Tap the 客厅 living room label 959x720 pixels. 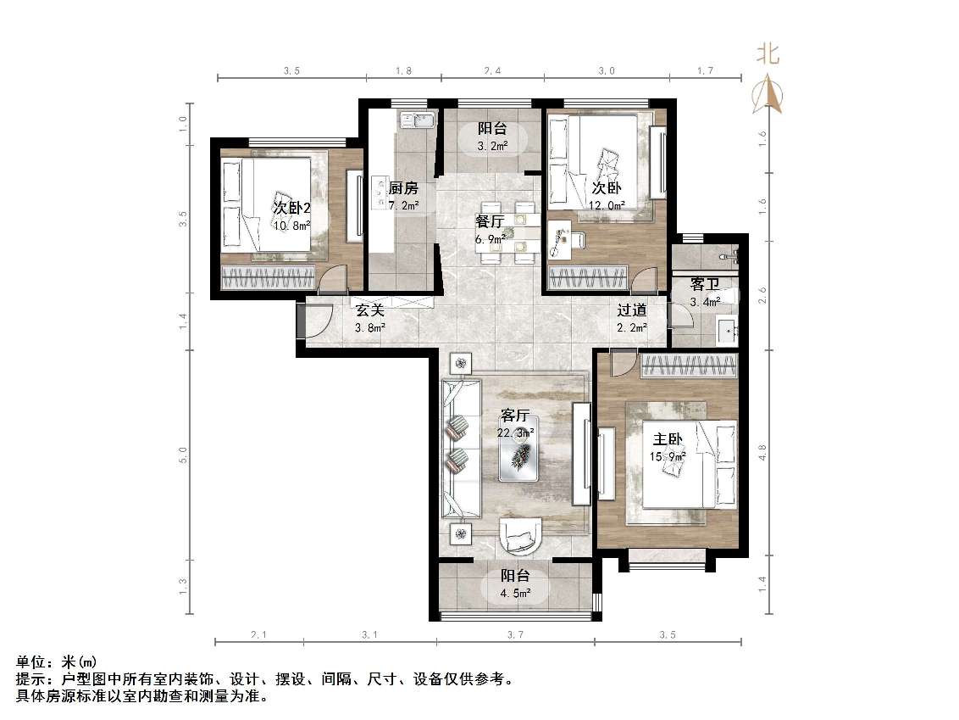(x=515, y=416)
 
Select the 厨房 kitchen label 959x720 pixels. (x=403, y=188)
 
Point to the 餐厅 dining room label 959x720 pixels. (x=490, y=221)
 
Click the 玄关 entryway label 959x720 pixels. (x=370, y=310)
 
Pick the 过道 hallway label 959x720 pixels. (x=631, y=310)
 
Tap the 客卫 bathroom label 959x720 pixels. (x=705, y=284)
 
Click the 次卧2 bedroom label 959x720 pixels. (x=291, y=208)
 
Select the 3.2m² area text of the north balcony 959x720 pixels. (x=492, y=146)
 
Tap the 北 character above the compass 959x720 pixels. (x=768, y=55)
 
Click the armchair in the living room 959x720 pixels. (x=521, y=533)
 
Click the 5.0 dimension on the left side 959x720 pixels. (x=183, y=455)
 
